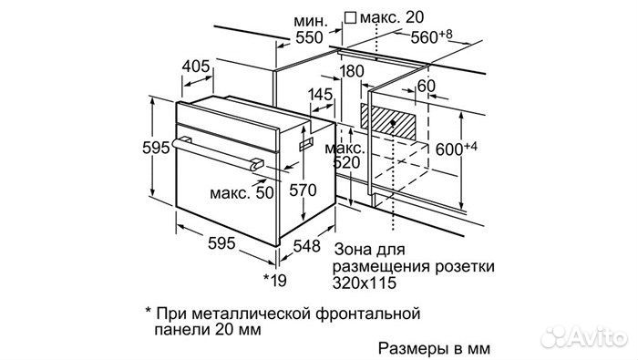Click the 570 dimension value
(x=301, y=191)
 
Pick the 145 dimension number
(x=320, y=94)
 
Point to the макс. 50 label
(x=241, y=193)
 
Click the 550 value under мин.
(x=310, y=38)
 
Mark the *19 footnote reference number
(x=273, y=279)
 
